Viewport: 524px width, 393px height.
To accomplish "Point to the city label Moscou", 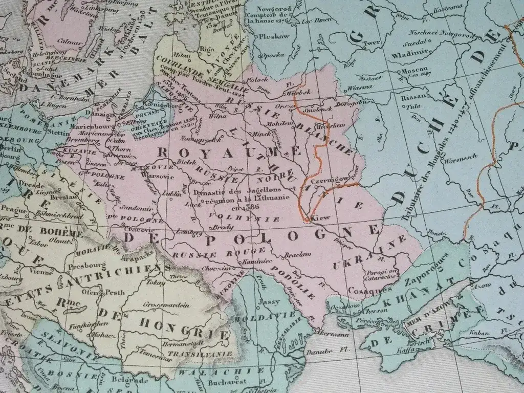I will click(x=416, y=70).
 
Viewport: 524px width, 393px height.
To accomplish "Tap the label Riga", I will click(x=207, y=49).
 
